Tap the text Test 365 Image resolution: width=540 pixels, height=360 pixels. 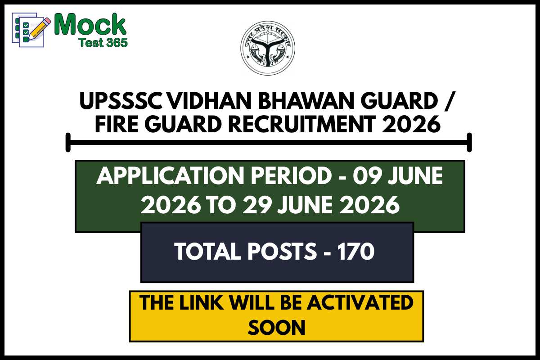(103, 42)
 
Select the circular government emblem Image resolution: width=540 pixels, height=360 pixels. (269, 49)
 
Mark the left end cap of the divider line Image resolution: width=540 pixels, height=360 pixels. (68, 143)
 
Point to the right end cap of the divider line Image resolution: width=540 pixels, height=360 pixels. (469, 143)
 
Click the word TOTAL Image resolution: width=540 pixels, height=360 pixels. (208, 252)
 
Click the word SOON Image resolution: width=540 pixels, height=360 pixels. (276, 328)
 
